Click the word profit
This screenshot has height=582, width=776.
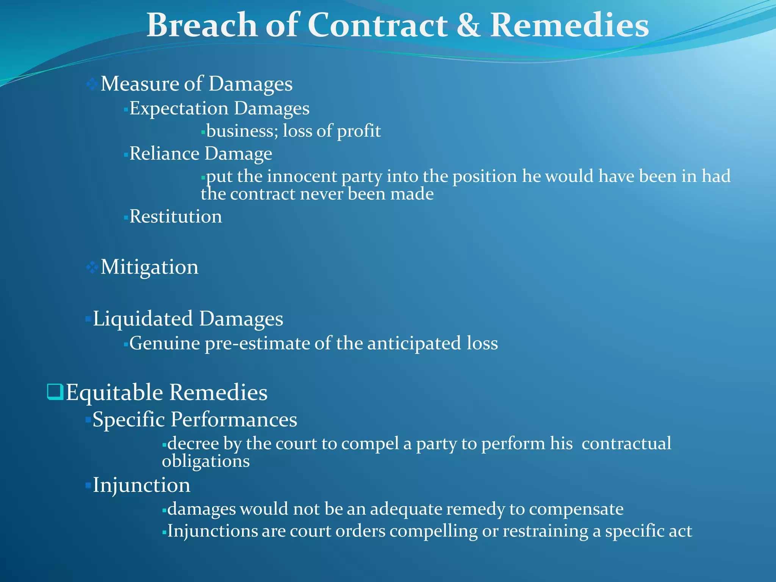coord(359,131)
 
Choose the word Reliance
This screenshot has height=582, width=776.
coord(164,154)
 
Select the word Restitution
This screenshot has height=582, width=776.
coord(176,217)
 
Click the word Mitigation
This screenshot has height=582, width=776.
coord(149,267)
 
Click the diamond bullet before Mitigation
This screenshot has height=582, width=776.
coord(92,268)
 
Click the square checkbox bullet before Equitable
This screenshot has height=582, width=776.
coord(55,392)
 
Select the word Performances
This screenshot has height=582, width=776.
coord(234,420)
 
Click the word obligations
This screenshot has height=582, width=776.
coord(206,461)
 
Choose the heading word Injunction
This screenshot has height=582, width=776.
coord(141,485)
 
